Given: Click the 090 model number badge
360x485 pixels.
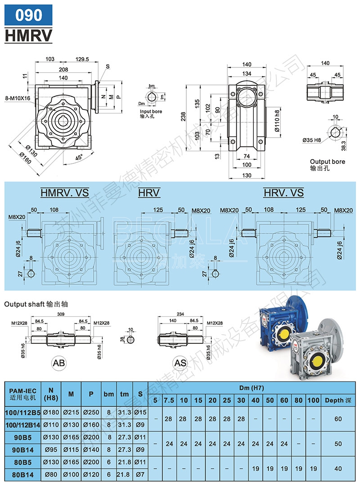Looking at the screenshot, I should coord(28,15).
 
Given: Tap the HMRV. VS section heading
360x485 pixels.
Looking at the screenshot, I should coord(64,193).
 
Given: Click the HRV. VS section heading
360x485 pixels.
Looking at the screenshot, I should coord(283,193).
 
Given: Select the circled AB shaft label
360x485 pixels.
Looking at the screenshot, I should coord(59,362).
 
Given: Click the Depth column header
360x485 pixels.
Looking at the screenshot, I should coord(338,400).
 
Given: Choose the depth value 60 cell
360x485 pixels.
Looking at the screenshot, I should coord(338,418).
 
